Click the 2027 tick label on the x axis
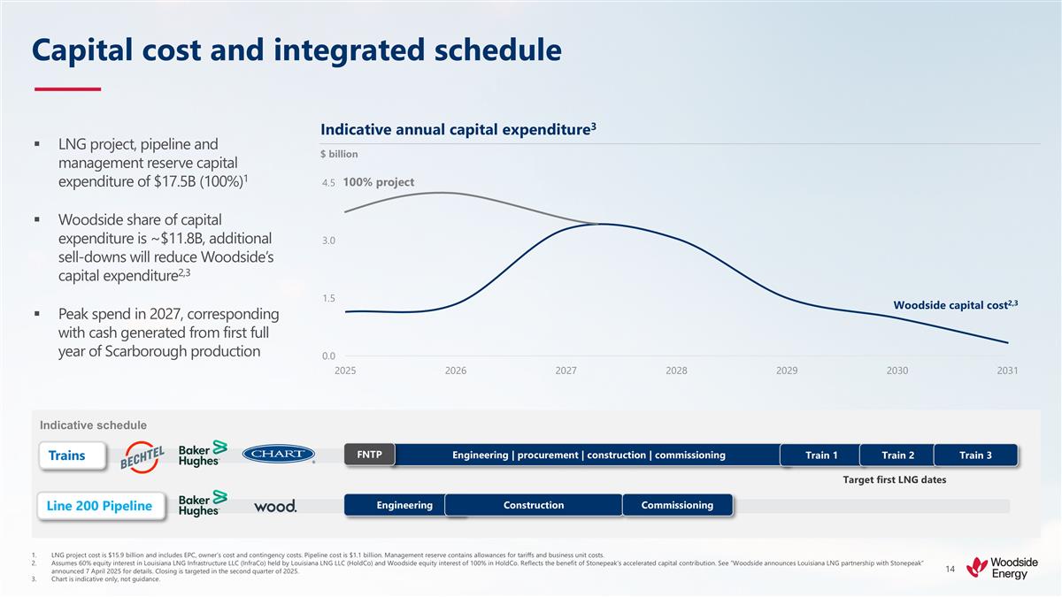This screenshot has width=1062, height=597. pyautogui.click(x=566, y=371)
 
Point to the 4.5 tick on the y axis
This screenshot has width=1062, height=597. pyautogui.click(x=328, y=183)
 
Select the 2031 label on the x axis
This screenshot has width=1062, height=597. pyautogui.click(x=1006, y=371)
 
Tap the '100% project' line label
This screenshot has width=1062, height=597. pyautogui.click(x=379, y=182)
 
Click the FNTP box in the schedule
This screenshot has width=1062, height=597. pyautogui.click(x=369, y=455)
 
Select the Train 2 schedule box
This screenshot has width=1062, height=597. pyautogui.click(x=897, y=455)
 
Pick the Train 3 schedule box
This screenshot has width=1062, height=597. pyautogui.click(x=975, y=455)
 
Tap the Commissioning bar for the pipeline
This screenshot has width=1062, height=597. pyautogui.click(x=678, y=505)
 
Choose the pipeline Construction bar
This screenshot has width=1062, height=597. pyautogui.click(x=534, y=505)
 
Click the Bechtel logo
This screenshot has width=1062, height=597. pyautogui.click(x=144, y=455)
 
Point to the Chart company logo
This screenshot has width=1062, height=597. pyautogui.click(x=278, y=455)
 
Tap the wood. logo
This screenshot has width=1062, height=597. pyautogui.click(x=275, y=506)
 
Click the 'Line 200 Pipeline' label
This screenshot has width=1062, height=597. pyautogui.click(x=99, y=506)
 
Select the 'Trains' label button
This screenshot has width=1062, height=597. pyautogui.click(x=67, y=455)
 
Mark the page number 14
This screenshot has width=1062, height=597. pyautogui.click(x=950, y=569)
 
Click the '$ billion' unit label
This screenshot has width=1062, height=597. pyautogui.click(x=339, y=154)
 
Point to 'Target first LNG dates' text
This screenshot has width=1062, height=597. pyautogui.click(x=894, y=479)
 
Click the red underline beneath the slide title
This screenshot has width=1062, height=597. pyautogui.click(x=67, y=88)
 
